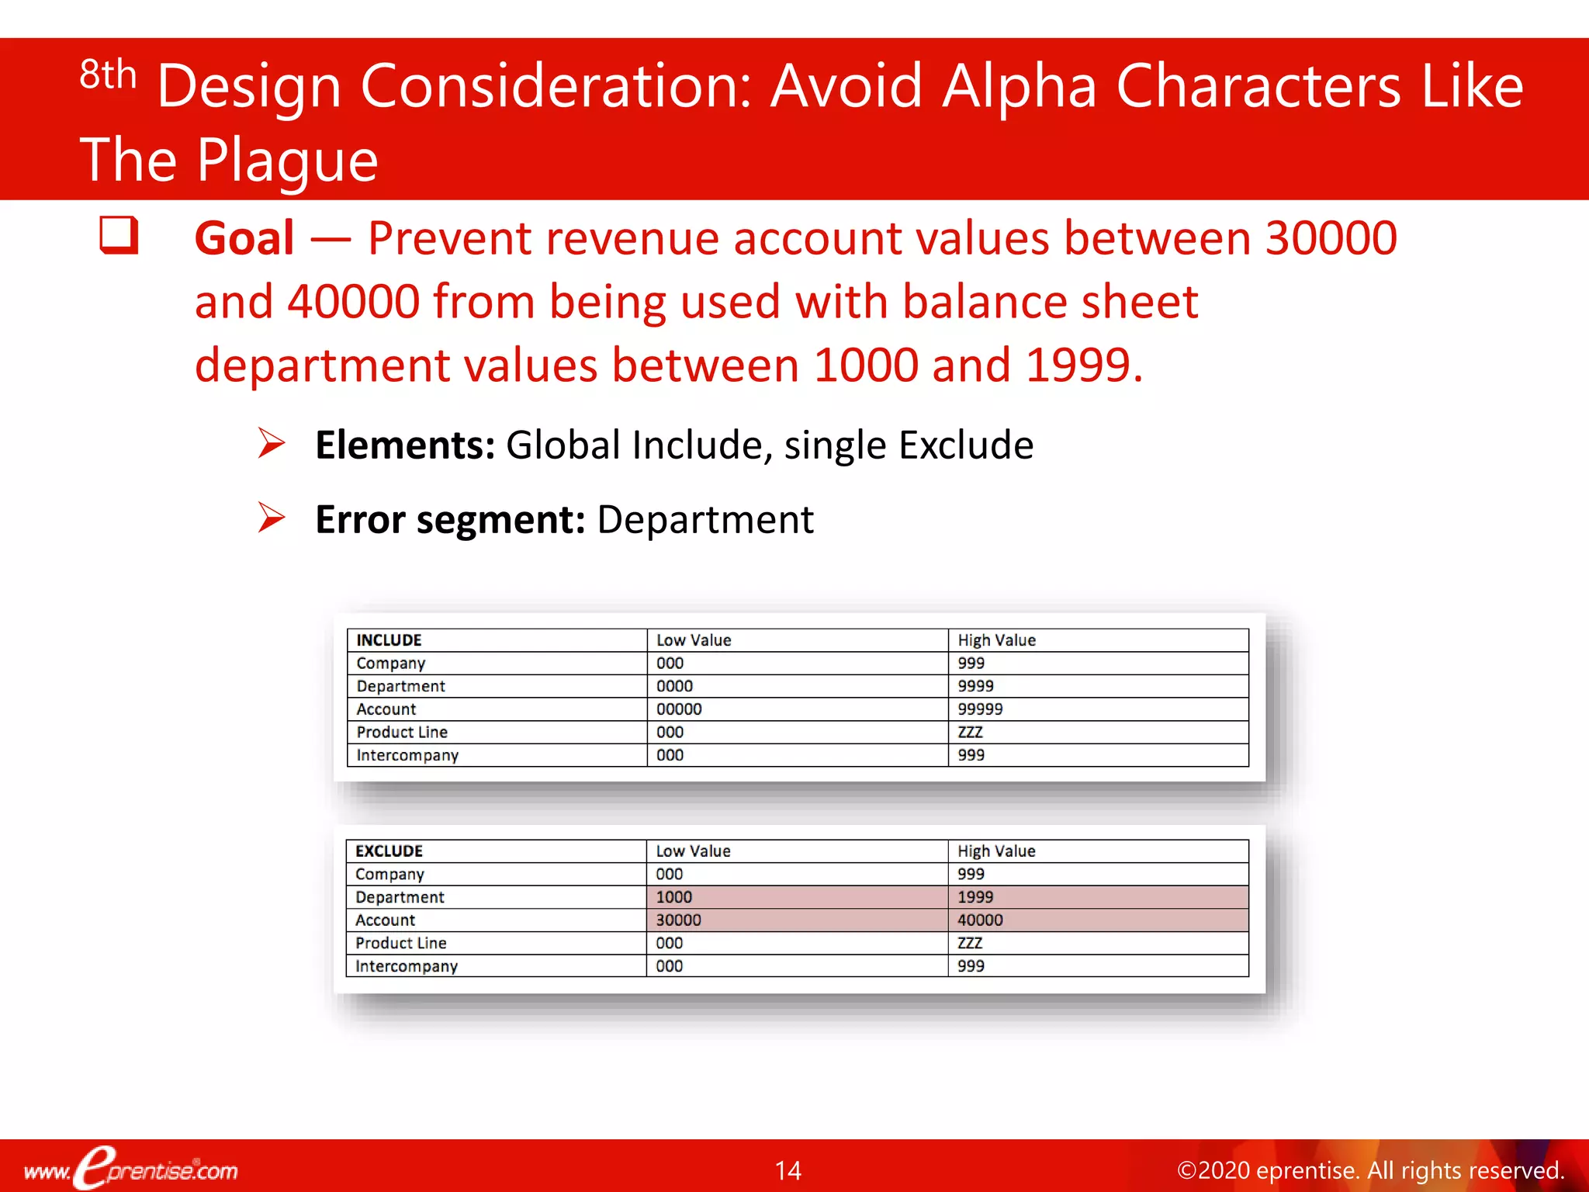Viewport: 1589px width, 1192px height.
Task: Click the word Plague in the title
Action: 286,161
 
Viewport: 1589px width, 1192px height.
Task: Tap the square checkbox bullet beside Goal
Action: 119,235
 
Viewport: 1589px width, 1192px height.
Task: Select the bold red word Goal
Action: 244,238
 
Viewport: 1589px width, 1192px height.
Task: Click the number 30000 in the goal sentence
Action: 1331,238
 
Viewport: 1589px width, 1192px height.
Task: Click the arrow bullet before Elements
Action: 272,444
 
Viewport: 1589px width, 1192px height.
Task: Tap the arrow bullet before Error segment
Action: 272,518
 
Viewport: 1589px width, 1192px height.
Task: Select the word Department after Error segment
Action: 704,519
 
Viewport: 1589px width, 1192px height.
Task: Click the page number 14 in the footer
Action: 788,1170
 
